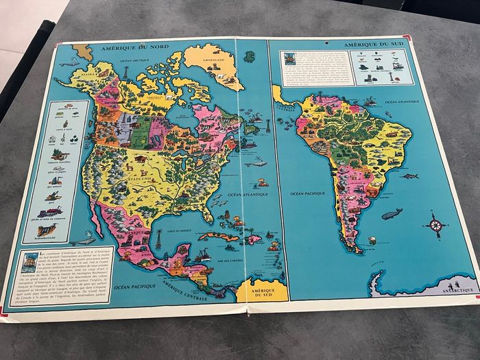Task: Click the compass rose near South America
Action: (x=436, y=225)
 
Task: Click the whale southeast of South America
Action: (x=392, y=214)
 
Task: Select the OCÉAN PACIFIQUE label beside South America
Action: (x=307, y=194)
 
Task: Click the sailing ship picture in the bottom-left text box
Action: (x=28, y=263)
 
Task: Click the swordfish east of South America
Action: (x=409, y=176)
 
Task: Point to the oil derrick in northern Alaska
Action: (x=125, y=71)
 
